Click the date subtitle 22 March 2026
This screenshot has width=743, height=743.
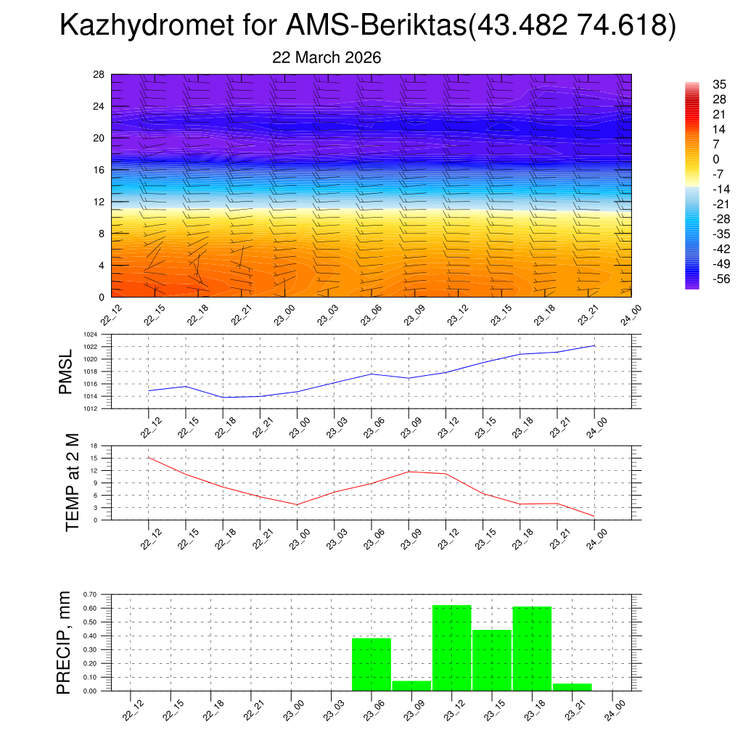coord(327,58)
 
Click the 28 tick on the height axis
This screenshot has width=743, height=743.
coord(99,74)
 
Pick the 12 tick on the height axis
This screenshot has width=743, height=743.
coord(99,201)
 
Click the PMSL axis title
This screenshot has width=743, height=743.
coord(65,371)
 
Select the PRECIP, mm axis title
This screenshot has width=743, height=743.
coord(65,642)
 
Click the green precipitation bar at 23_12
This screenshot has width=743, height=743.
coord(451,648)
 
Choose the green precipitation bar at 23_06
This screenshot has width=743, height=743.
coord(371,665)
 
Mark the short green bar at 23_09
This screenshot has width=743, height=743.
coord(411,686)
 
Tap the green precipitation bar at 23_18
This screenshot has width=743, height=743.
coord(532,649)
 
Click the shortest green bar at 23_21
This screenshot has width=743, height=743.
coord(572,687)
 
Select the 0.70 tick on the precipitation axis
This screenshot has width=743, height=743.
coord(90,594)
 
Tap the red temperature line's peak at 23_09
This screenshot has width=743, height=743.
coord(409,472)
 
